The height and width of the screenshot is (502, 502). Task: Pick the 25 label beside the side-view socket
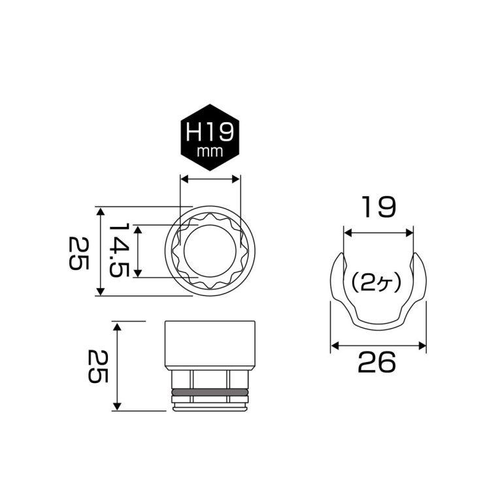click(97, 366)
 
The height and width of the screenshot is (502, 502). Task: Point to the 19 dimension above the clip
click(378, 208)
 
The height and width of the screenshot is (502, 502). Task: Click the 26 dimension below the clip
click(377, 363)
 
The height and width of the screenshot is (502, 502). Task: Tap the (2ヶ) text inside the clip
click(375, 283)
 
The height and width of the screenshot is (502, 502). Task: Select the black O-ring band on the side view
click(210, 393)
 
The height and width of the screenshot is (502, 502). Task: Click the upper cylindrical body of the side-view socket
click(210, 344)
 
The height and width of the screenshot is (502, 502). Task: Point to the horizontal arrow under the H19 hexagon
click(210, 178)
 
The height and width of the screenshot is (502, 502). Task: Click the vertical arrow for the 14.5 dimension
click(138, 252)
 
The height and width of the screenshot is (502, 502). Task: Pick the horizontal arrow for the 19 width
click(378, 232)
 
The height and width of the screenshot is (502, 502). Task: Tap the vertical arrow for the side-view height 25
click(116, 366)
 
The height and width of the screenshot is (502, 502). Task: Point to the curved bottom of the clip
click(378, 326)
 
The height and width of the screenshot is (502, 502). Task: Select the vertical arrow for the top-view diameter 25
click(100, 252)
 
